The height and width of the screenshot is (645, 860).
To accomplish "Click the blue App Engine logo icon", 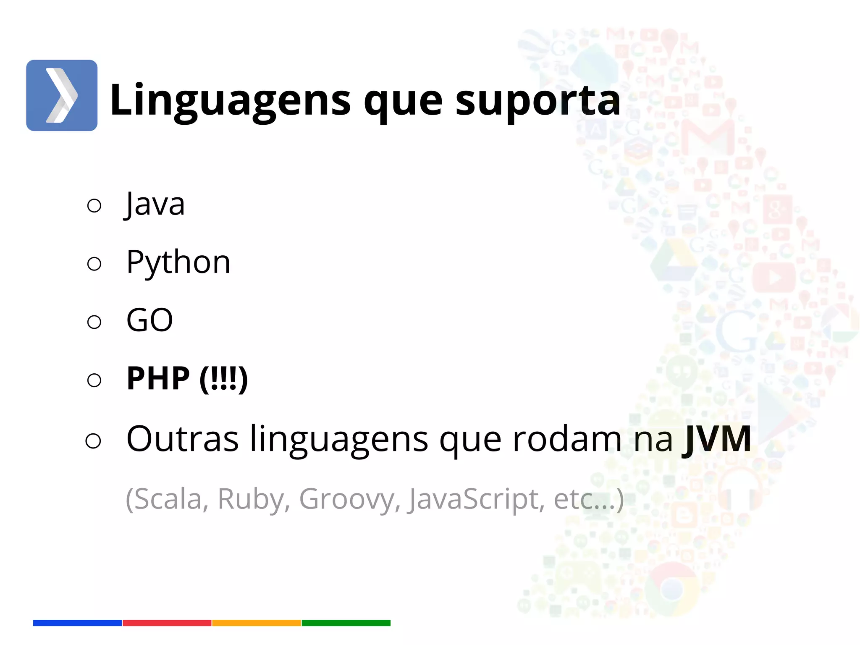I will [62, 95].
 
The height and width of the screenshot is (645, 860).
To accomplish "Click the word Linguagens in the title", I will [230, 101].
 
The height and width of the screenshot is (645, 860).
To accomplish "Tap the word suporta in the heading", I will [537, 101].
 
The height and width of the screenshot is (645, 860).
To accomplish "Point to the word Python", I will [178, 262].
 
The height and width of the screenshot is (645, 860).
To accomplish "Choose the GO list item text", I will [149, 320].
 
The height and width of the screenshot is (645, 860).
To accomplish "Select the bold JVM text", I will [716, 439].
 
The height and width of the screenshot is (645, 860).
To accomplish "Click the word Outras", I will [182, 439].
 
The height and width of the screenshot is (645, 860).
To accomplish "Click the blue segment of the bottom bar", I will [77, 623].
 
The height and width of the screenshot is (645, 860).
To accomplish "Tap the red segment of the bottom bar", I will [167, 623].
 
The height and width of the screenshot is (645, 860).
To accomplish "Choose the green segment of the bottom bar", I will [346, 623].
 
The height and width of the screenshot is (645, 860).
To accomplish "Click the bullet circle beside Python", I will [94, 264].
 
